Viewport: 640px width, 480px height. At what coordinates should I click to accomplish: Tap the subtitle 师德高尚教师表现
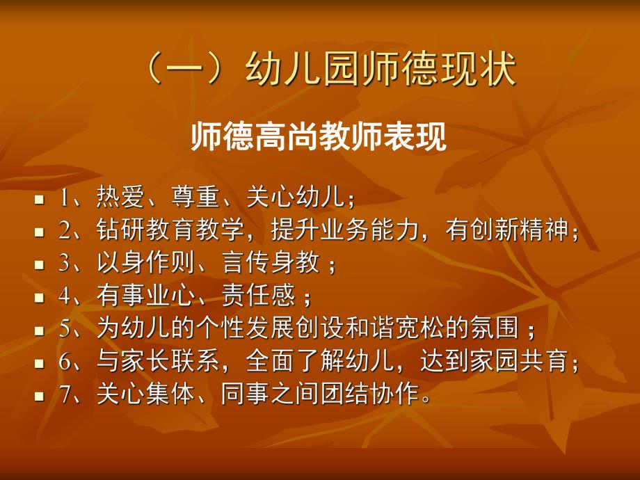318,137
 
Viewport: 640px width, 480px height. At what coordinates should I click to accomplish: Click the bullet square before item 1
39,200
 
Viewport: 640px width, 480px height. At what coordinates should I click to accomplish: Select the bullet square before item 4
39,298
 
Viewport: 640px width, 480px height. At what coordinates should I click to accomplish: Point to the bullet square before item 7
39,397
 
